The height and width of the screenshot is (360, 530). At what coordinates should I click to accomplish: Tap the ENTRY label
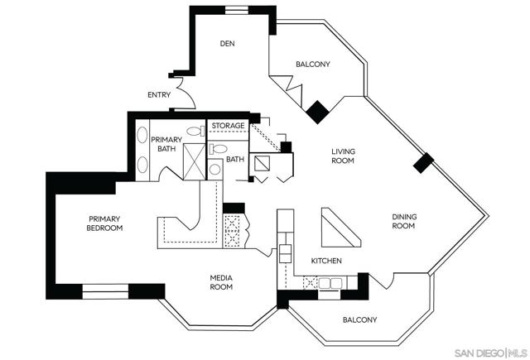coord(159,94)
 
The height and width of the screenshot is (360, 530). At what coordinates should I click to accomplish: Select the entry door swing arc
coord(185,98)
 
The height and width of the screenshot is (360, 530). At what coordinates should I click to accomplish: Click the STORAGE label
coord(228,126)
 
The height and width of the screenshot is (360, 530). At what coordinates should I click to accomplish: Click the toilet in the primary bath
coord(196,131)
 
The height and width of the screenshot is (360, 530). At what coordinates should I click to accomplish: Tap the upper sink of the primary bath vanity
coord(140,136)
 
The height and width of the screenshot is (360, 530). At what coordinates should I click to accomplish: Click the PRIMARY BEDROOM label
coord(106,223)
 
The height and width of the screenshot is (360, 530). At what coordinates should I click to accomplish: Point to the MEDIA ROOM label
coord(220,282)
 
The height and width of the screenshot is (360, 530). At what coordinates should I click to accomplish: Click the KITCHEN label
coord(326,262)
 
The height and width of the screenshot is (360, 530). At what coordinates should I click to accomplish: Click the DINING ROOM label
coord(403,221)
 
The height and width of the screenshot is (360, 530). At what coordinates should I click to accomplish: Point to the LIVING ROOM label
coord(343,156)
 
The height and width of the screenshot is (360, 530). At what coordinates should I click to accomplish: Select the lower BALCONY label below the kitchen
coord(359,319)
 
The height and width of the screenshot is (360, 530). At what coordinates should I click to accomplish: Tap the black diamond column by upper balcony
coord(316,113)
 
